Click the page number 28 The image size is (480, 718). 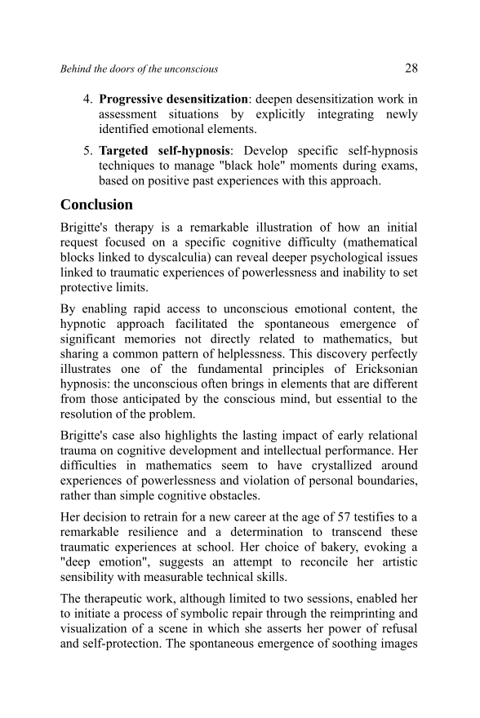click(x=411, y=68)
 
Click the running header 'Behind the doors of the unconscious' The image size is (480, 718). click(x=139, y=69)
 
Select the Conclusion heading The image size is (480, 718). click(x=96, y=204)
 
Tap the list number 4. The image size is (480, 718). click(x=87, y=100)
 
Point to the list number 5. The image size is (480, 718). click(x=87, y=151)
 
